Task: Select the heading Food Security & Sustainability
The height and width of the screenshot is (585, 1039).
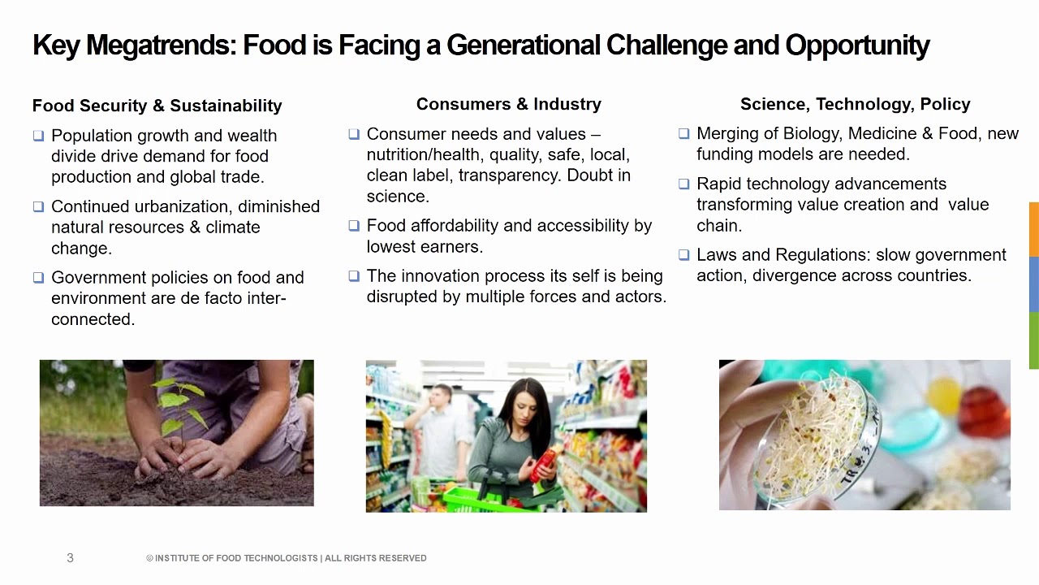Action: (157, 106)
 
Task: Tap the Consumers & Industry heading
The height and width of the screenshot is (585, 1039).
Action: (508, 104)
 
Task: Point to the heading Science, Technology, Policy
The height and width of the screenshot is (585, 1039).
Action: (855, 104)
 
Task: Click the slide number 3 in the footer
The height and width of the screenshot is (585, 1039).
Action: (70, 558)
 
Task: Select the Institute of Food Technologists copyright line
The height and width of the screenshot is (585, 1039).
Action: (286, 558)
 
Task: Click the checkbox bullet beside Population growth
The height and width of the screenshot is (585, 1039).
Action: (38, 136)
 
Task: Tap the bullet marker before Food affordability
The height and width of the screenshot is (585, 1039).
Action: (354, 225)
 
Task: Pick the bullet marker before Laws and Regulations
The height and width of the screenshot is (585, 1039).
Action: (683, 254)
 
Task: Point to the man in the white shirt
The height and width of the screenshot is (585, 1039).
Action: (442, 431)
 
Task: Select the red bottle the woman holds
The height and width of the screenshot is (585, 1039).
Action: (545, 463)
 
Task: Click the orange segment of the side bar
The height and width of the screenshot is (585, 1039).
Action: (1033, 229)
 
